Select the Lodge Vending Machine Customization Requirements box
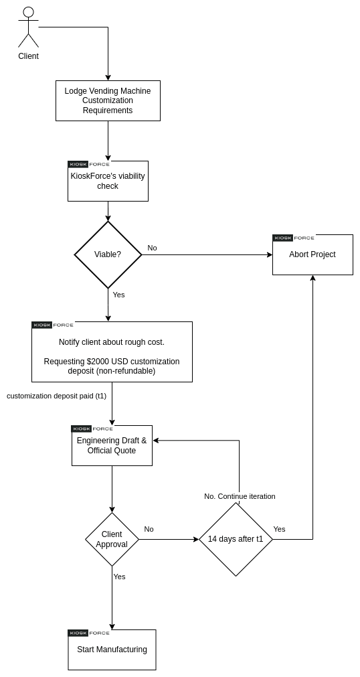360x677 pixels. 108,100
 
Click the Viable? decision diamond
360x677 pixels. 108,254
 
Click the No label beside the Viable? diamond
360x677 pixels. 152,248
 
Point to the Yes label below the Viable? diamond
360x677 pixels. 118,295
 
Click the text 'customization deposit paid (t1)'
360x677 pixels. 56,396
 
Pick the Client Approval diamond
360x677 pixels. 112,539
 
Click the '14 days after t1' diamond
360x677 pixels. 236,539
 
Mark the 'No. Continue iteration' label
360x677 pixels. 240,496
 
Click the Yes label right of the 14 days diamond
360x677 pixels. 279,529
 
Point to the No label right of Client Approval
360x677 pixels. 149,529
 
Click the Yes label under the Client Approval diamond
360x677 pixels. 119,577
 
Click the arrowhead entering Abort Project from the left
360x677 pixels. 270,254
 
